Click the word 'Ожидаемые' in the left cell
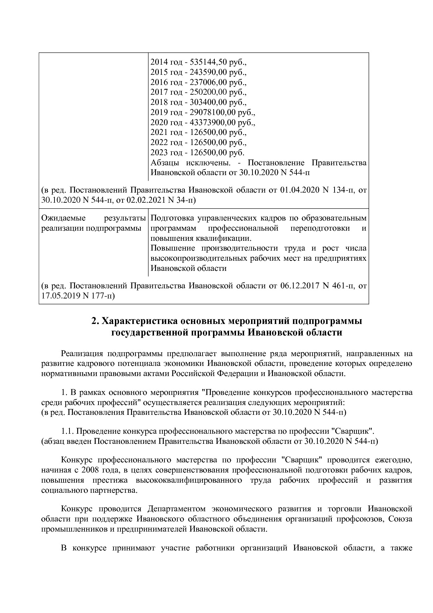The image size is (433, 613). (x=63, y=218)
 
